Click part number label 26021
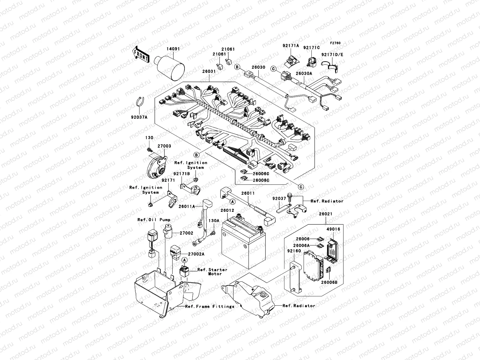pyautogui.click(x=325, y=214)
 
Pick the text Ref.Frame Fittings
pyautogui.click(x=210, y=306)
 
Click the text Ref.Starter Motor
pyautogui.click(x=212, y=271)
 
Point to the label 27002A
pyautogui.click(x=196, y=254)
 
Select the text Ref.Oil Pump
pyautogui.click(x=154, y=220)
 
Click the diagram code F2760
pyautogui.click(x=336, y=43)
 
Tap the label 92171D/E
pyautogui.click(x=332, y=55)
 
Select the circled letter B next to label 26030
pyautogui.click(x=237, y=67)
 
